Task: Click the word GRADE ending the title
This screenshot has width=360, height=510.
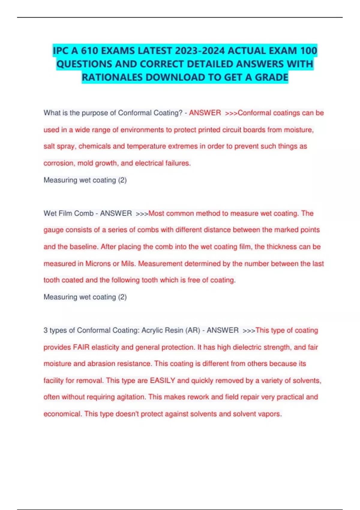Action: [x=271, y=77]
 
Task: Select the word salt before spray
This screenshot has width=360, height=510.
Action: [x=49, y=146]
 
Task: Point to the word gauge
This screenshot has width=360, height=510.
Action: [x=53, y=230]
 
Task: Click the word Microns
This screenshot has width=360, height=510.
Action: [x=98, y=264]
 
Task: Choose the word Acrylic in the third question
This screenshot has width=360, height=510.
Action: [x=152, y=330]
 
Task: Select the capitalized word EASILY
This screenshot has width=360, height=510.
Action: [x=162, y=380]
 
